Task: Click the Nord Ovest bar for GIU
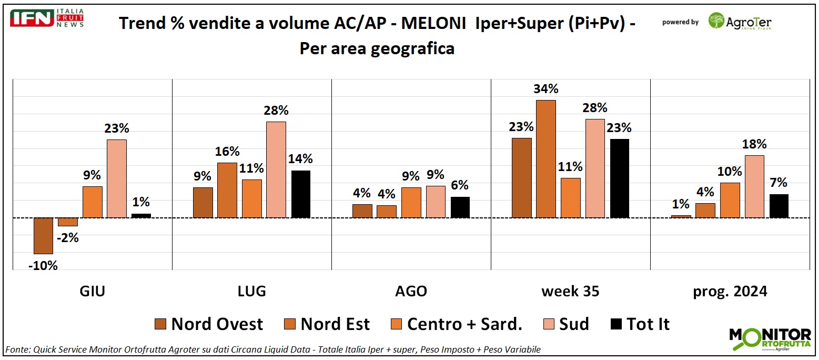43,235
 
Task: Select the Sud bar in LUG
276,169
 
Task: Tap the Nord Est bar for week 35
546,158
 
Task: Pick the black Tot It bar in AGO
460,207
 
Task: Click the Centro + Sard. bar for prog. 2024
730,200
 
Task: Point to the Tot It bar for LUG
301,194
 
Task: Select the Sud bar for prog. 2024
754,186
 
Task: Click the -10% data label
43,266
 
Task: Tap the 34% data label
546,89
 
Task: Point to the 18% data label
754,144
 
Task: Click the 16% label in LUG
227,152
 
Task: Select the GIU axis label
92,291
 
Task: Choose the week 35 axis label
570,291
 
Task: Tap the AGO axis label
411,291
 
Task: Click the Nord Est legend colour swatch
291,324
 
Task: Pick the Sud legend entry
566,324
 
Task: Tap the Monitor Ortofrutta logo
770,339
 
